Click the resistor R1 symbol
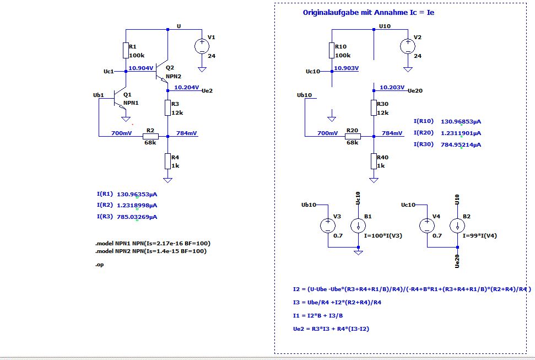coord(126,51)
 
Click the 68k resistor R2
coord(150,136)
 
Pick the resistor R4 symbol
coord(167,161)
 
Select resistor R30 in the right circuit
coord(374,108)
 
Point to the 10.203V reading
coord(392,87)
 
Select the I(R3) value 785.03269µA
coord(137,217)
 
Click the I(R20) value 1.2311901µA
coord(453,133)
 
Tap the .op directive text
coord(99,265)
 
